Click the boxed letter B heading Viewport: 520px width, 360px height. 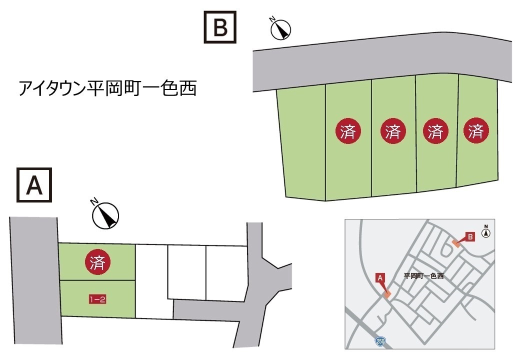pyautogui.click(x=219, y=28)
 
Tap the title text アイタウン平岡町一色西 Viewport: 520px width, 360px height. pyautogui.click(x=107, y=88)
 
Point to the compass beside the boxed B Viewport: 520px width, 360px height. pyautogui.click(x=280, y=29)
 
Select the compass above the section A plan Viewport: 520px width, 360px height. pyautogui.click(x=105, y=215)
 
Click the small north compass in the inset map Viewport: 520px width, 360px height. pyautogui.click(x=485, y=232)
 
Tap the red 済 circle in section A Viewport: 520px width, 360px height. pyautogui.click(x=97, y=261)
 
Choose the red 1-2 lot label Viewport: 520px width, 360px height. pyautogui.click(x=97, y=299)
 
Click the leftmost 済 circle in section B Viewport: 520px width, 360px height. pyautogui.click(x=348, y=131)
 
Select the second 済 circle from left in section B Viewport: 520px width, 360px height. pyautogui.click(x=393, y=131)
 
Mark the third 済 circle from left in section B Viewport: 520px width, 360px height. pyautogui.click(x=435, y=131)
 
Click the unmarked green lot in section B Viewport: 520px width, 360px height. pyautogui.click(x=302, y=145)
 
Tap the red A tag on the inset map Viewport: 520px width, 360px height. pyautogui.click(x=380, y=277)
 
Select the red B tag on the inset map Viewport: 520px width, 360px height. pyautogui.click(x=469, y=236)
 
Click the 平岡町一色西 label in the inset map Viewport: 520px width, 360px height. pyautogui.click(x=423, y=275)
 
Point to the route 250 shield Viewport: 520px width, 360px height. pyautogui.click(x=380, y=341)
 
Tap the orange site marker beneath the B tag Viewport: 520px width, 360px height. pyautogui.click(x=456, y=243)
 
